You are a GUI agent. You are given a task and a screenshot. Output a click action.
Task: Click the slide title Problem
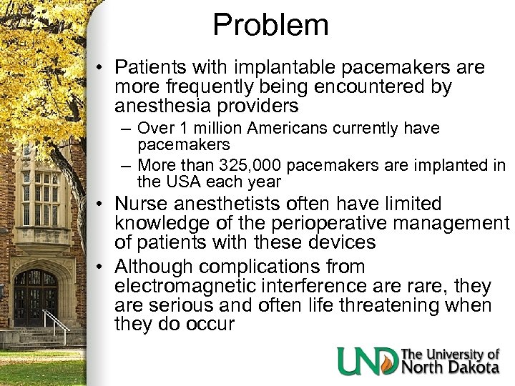coord(270,26)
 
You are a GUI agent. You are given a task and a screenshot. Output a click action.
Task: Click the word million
coord(215,129)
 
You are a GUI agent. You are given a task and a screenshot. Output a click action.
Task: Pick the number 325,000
coord(253,166)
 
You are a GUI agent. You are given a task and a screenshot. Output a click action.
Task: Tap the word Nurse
coord(142,204)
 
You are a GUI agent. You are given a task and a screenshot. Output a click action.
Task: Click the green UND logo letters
coord(367,361)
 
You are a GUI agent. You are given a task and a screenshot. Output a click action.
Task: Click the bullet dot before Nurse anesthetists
coord(102,205)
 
